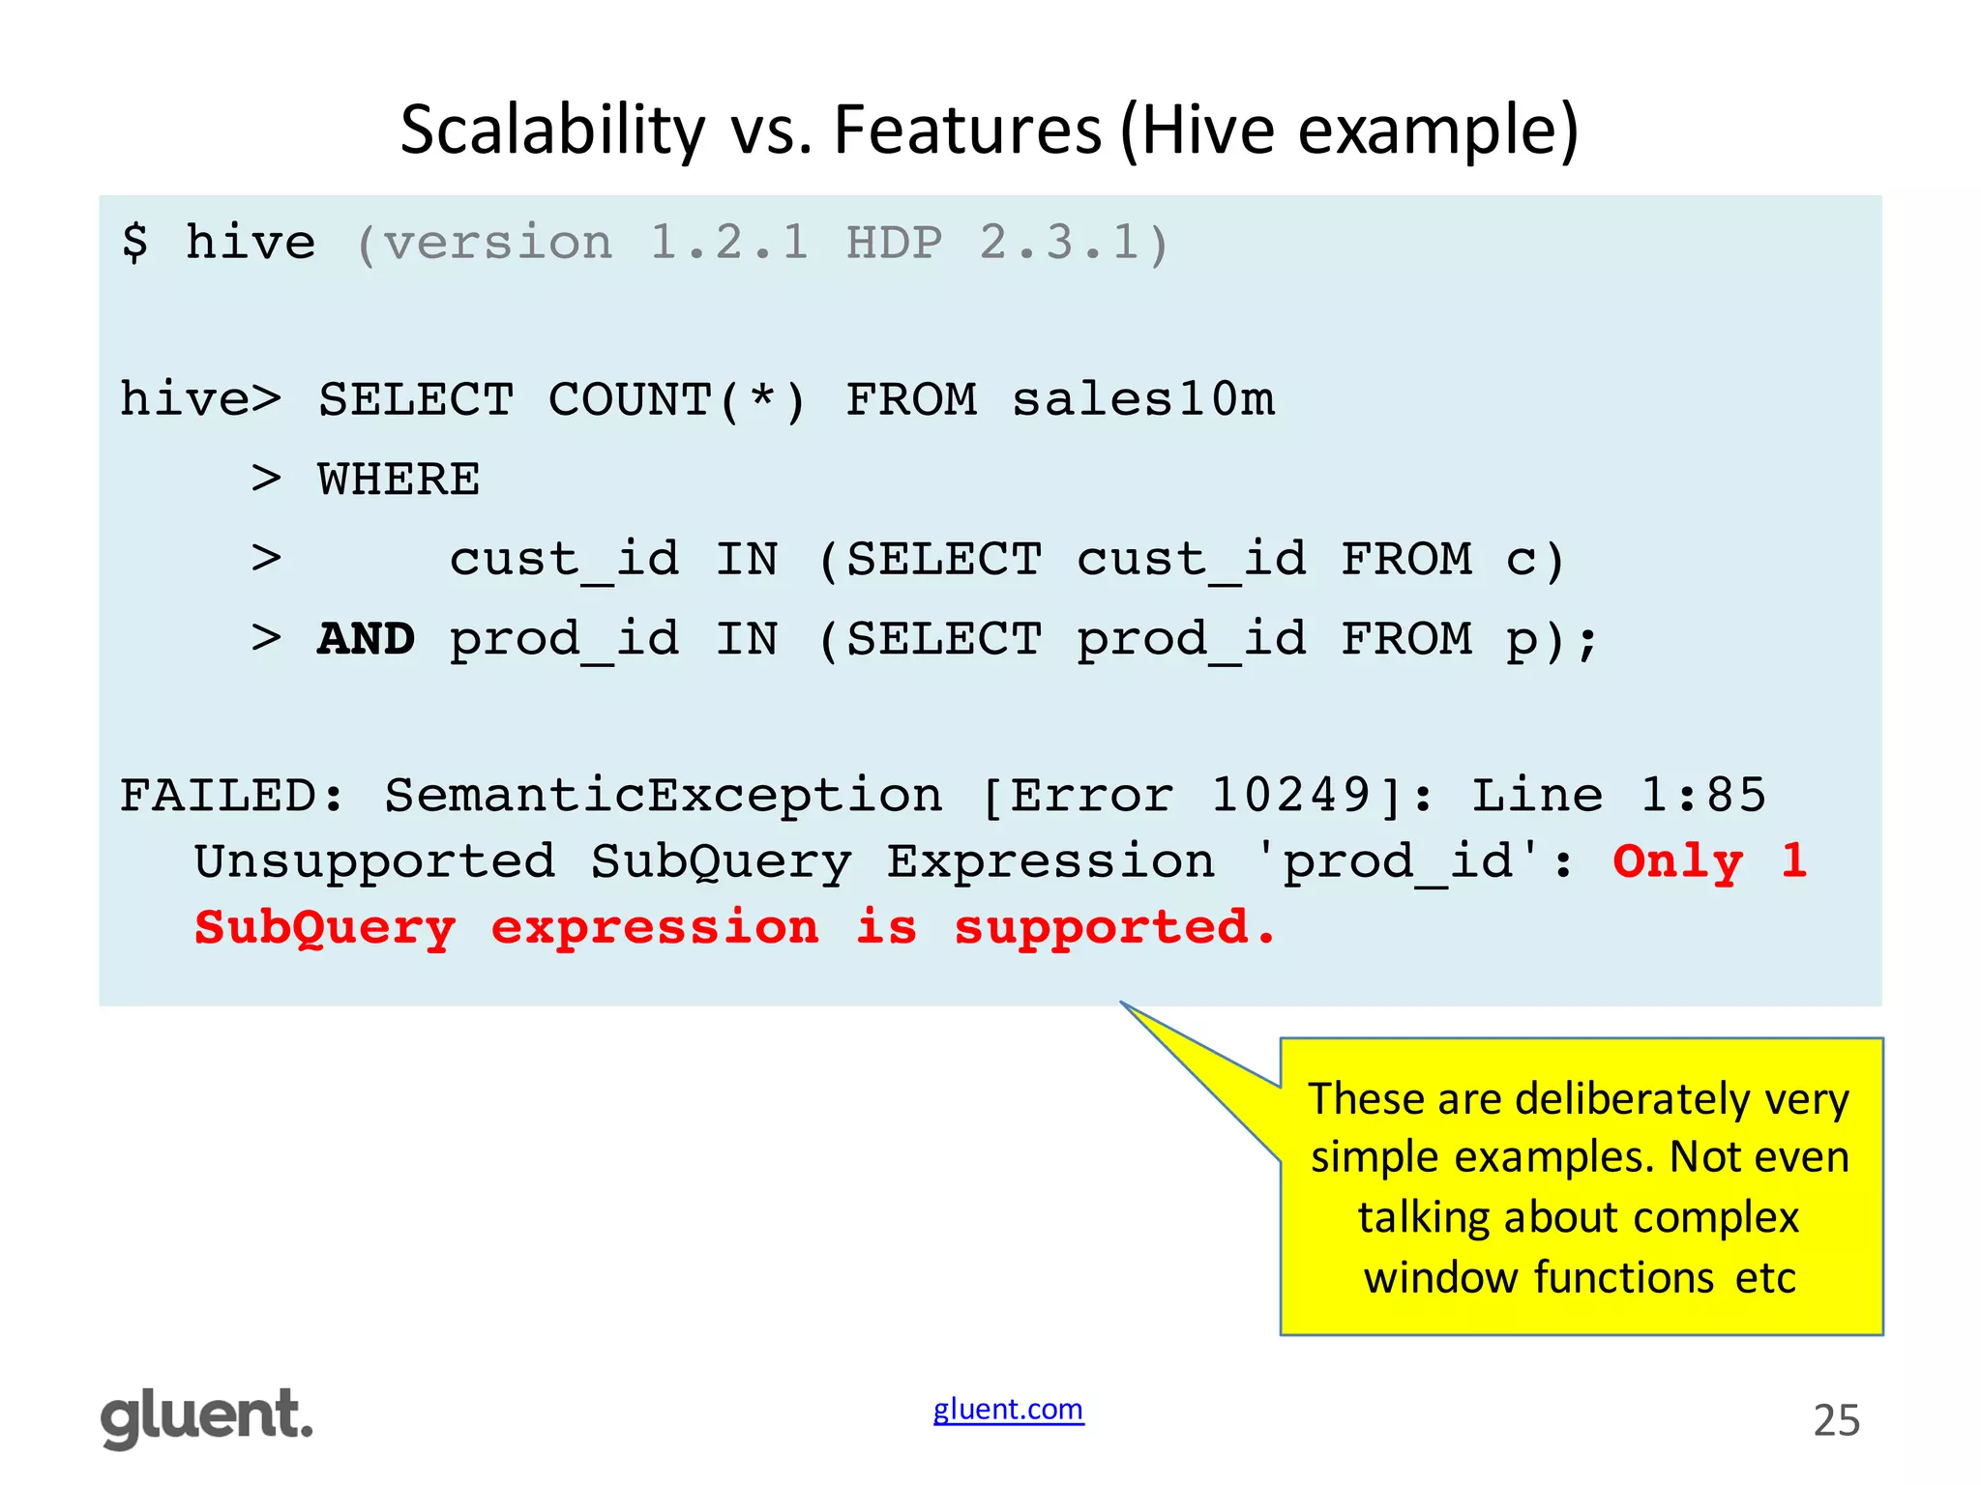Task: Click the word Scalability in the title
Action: point(552,131)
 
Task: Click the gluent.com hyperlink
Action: point(1008,1410)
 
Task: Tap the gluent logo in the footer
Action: point(207,1417)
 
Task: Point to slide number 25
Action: point(1836,1421)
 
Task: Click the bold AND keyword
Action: point(366,639)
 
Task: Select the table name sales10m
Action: point(1143,400)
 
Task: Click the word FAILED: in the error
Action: point(232,797)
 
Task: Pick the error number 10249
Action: point(1291,797)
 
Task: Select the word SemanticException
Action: point(664,797)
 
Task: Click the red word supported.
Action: point(1114,928)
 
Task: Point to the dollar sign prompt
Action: point(135,242)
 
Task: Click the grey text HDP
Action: point(894,242)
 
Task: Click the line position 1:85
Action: point(1702,797)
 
